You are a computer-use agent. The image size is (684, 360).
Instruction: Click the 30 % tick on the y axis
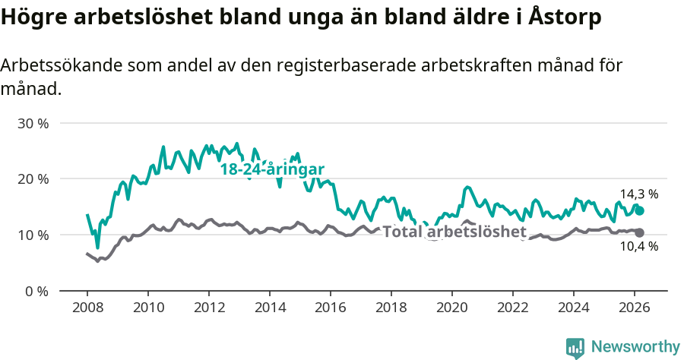click(33, 123)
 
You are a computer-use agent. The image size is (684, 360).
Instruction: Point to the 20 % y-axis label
click(33, 179)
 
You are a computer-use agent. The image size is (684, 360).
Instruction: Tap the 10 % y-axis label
click(33, 235)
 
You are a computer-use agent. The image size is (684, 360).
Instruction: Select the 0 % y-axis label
click(36, 292)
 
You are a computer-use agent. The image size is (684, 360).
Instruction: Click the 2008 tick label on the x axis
click(87, 308)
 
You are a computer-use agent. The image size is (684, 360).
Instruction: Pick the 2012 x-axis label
click(209, 308)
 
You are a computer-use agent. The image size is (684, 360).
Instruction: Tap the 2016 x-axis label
click(331, 308)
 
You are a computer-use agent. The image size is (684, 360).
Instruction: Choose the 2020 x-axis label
click(452, 308)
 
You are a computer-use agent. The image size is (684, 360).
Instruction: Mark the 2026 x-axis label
click(635, 308)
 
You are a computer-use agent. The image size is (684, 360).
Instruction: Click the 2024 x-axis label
click(574, 308)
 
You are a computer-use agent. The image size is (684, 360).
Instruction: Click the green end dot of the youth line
click(640, 210)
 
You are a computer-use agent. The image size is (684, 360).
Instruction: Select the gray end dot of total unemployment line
click(640, 232)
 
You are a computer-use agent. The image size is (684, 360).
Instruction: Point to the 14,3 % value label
click(638, 194)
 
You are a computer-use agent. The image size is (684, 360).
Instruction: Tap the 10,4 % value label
click(638, 246)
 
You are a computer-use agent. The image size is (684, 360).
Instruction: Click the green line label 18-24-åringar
click(272, 169)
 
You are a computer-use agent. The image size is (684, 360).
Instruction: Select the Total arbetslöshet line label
click(454, 232)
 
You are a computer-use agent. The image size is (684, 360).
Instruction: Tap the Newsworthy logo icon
click(575, 347)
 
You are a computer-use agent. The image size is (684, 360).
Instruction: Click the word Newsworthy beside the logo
click(635, 347)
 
